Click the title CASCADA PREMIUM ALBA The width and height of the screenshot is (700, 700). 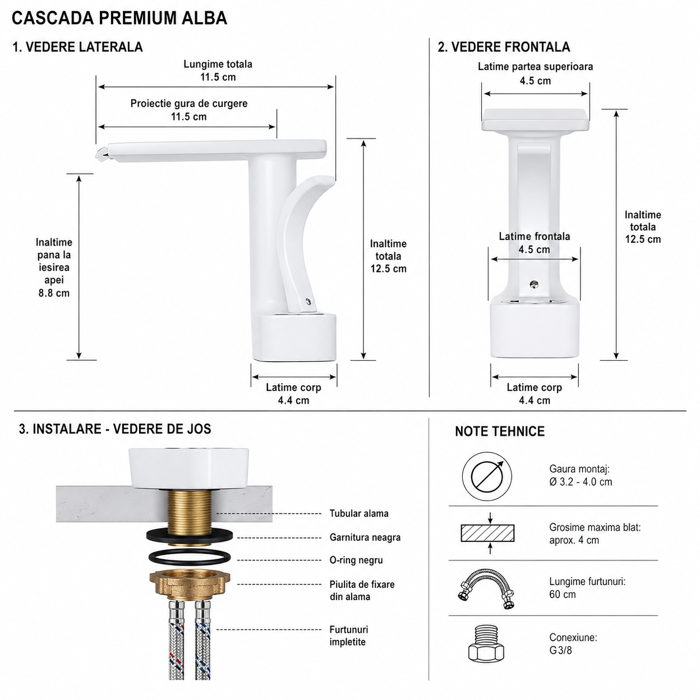(x=119, y=18)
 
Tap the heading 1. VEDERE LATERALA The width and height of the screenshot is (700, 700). (x=78, y=47)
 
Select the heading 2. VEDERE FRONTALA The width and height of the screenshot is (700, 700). (x=504, y=47)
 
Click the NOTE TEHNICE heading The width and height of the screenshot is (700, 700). (x=500, y=431)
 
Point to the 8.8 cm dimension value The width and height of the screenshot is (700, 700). (x=54, y=293)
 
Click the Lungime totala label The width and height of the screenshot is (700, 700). (x=218, y=64)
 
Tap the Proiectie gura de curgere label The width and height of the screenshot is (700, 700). (x=189, y=103)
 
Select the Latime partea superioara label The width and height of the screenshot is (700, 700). (x=535, y=67)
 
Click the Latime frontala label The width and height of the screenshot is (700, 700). (x=534, y=237)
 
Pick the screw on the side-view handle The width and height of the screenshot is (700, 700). (x=308, y=301)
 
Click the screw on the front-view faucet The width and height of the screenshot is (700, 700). (x=534, y=285)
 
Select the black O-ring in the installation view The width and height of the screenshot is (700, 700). (x=189, y=557)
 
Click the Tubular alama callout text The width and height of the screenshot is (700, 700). (x=359, y=514)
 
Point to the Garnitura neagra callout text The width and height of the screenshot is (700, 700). (x=365, y=537)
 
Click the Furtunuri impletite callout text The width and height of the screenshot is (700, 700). (x=349, y=636)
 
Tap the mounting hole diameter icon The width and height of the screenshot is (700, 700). (x=487, y=476)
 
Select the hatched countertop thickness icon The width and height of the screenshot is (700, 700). (x=487, y=533)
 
